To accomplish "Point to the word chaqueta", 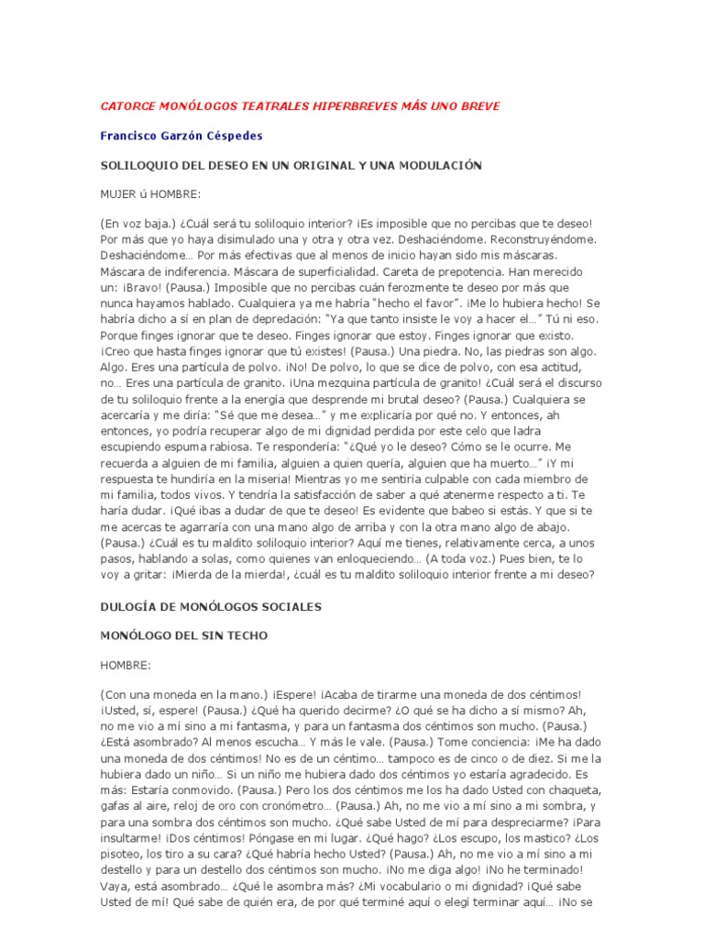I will click(x=569, y=790).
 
